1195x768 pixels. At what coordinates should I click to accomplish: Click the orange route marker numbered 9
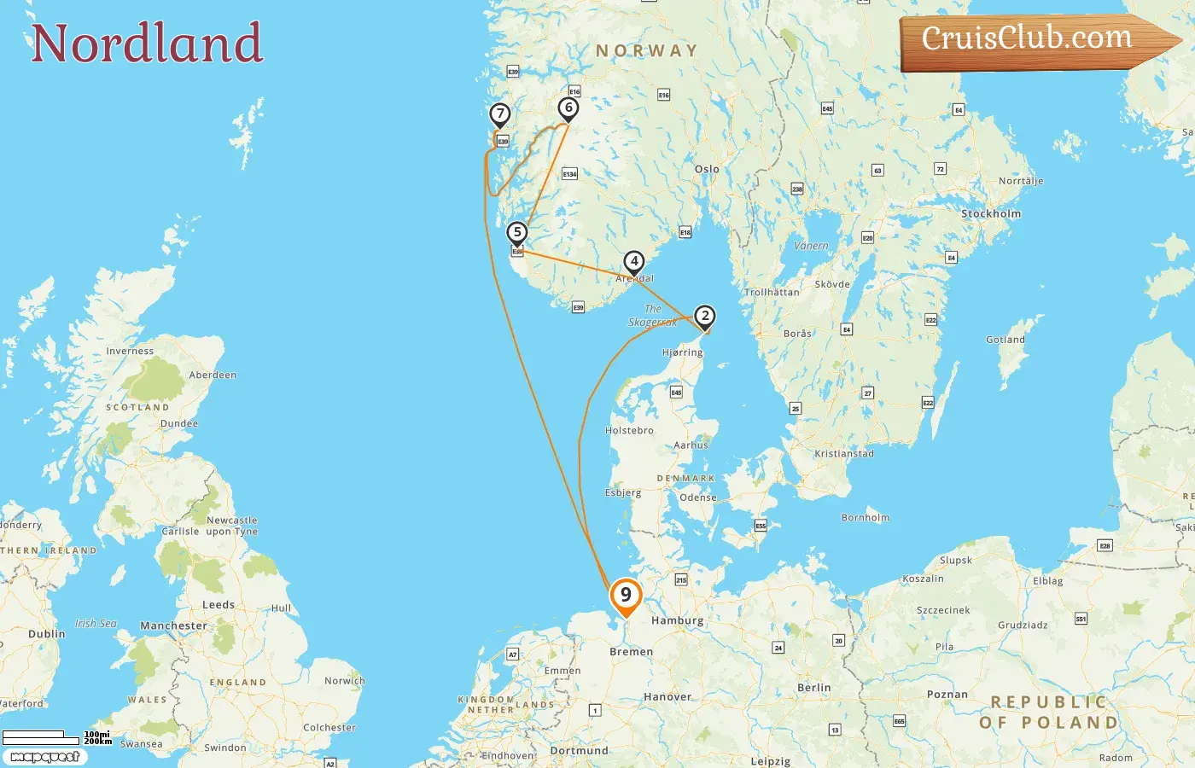(x=626, y=596)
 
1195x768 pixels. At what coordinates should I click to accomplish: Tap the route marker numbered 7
(x=500, y=114)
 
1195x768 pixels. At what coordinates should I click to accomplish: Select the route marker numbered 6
(x=568, y=108)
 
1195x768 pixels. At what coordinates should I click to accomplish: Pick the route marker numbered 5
(x=516, y=233)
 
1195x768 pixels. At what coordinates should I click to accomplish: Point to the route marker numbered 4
(x=633, y=262)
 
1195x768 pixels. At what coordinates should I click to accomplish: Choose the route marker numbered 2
(x=704, y=317)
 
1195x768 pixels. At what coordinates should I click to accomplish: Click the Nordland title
(x=146, y=44)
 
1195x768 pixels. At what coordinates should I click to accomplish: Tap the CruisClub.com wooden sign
(x=1033, y=39)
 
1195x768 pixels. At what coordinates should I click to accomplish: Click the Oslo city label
(x=707, y=169)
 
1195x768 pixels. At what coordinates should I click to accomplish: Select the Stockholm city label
(x=990, y=213)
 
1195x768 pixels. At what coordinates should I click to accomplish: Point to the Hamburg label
(x=677, y=620)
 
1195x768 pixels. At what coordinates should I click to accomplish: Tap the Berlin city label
(x=813, y=687)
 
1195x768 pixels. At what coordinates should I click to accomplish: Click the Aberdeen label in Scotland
(x=213, y=375)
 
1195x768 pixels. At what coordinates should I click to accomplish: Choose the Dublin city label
(x=46, y=634)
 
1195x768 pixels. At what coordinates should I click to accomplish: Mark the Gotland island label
(x=1005, y=340)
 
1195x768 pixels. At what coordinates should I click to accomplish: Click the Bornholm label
(x=865, y=517)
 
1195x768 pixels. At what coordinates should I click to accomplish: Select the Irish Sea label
(x=96, y=623)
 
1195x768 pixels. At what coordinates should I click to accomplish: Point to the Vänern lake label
(x=810, y=246)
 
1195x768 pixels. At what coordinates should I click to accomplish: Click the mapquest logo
(x=44, y=757)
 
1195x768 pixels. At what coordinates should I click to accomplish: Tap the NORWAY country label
(x=646, y=51)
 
